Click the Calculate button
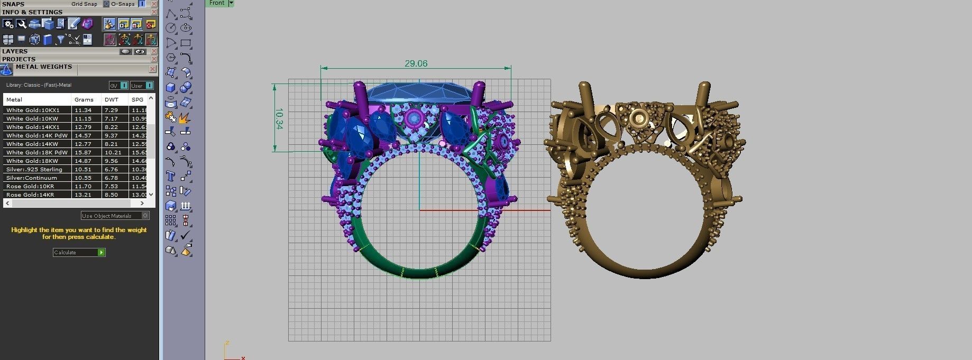click(x=79, y=253)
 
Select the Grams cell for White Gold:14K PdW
click(x=83, y=136)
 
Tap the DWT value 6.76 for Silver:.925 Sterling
click(x=111, y=170)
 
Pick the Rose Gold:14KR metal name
click(x=30, y=195)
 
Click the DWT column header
click(x=112, y=99)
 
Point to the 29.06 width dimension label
click(x=416, y=63)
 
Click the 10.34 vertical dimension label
click(x=279, y=119)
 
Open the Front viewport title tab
click(x=217, y=3)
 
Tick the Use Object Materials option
click(x=145, y=216)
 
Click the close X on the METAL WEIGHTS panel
click(x=153, y=69)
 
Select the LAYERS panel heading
click(x=15, y=52)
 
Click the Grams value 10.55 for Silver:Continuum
click(x=83, y=178)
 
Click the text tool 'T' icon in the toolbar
click(x=170, y=177)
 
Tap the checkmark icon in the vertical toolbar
click(x=185, y=235)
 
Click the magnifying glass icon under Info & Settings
click(x=21, y=24)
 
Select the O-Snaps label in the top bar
click(x=123, y=4)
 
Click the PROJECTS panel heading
click(x=19, y=59)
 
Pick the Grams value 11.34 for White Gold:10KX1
click(x=83, y=110)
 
